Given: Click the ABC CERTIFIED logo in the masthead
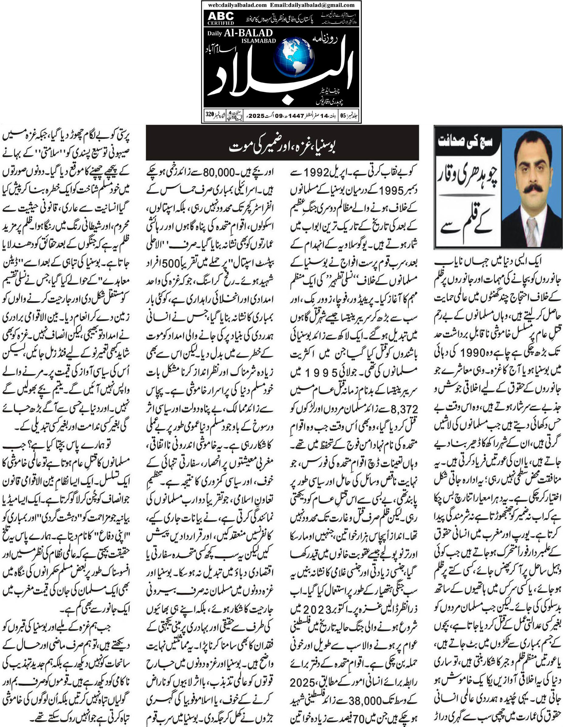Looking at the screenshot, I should pos(221,18).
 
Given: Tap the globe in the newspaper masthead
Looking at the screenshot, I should pos(294,58).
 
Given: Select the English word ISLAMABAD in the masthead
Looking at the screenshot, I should pos(259,41).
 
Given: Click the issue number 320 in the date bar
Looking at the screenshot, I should pos(210,114).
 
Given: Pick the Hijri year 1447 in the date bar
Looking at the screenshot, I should pos(296,116).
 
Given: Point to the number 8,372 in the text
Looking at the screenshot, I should pos(404,409).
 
